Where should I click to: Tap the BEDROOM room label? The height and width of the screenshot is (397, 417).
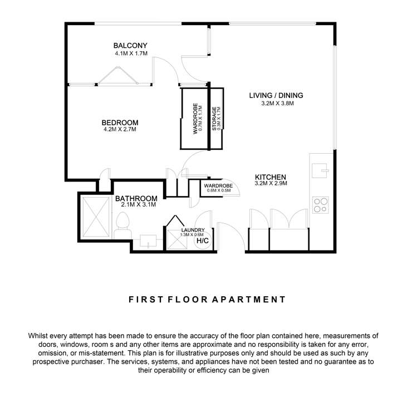pyautogui.click(x=120, y=122)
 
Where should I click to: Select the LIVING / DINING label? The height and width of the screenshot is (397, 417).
pyautogui.click(x=276, y=95)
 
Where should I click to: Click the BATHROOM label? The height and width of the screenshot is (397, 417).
pyautogui.click(x=136, y=198)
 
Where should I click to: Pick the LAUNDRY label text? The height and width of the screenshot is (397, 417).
pyautogui.click(x=193, y=230)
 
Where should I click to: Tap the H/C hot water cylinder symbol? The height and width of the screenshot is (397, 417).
pyautogui.click(x=202, y=241)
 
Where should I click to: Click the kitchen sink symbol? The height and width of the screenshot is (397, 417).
pyautogui.click(x=321, y=169)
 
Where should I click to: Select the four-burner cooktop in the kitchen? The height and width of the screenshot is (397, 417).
pyautogui.click(x=321, y=205)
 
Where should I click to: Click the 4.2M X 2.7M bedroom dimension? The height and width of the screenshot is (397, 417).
pyautogui.click(x=120, y=129)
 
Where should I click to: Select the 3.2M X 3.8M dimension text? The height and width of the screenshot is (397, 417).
pyautogui.click(x=277, y=103)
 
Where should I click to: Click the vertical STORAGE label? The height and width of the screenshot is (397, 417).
pyautogui.click(x=214, y=119)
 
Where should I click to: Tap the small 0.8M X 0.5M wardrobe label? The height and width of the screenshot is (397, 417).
pyautogui.click(x=218, y=190)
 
